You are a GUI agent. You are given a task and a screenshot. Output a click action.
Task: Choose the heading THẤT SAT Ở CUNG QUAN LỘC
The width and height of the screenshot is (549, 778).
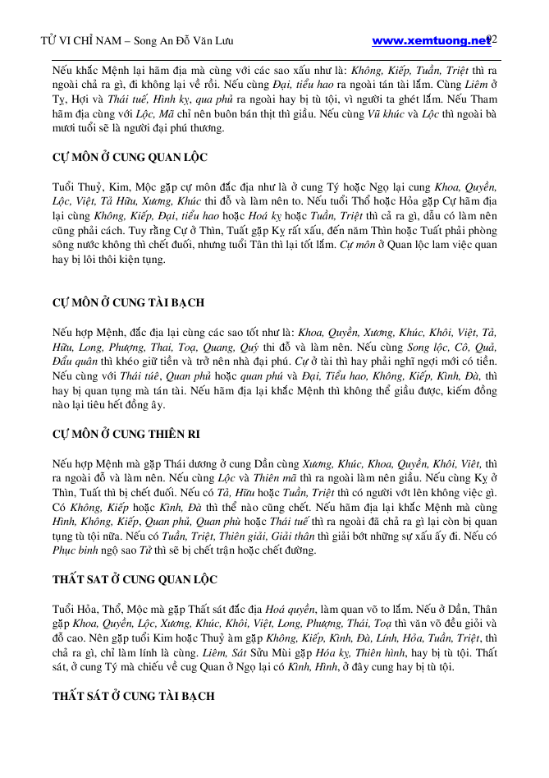(135, 579)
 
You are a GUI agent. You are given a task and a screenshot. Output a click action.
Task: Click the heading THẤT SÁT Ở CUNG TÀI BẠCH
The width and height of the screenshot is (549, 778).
(134, 696)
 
